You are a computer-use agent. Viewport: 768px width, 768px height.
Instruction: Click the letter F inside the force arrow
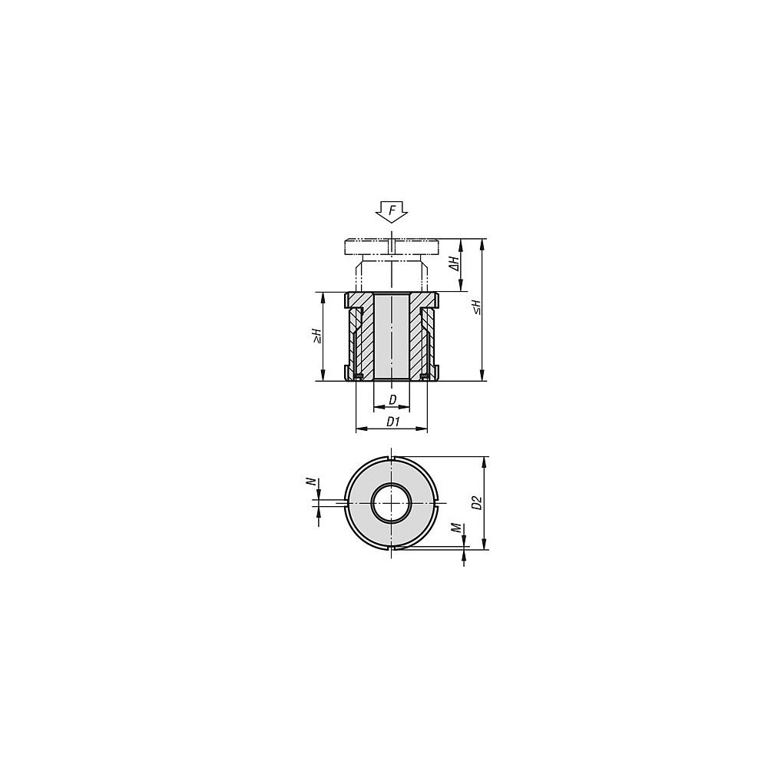[x=392, y=211]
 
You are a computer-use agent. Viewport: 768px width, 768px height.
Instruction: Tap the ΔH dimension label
[x=455, y=263]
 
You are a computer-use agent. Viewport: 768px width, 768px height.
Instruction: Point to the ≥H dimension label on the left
[x=317, y=336]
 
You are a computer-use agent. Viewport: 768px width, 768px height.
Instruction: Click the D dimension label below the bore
[x=392, y=400]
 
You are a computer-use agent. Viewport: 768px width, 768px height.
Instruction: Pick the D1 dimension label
[x=393, y=422]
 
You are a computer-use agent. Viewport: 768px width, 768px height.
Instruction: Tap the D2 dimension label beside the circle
[x=478, y=502]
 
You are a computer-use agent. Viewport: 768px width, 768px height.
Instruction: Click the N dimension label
[x=310, y=482]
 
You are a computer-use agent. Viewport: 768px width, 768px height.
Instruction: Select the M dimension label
[x=456, y=528]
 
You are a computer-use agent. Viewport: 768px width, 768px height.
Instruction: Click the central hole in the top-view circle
[x=391, y=503]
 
